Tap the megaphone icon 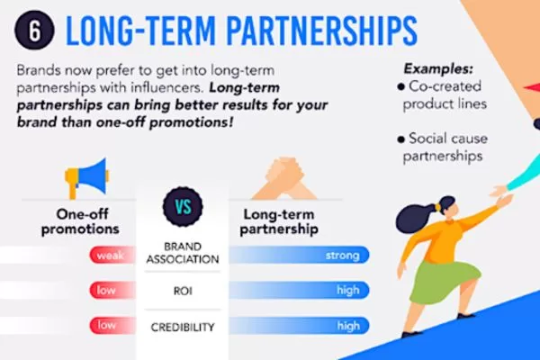(88, 177)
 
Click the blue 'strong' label (342, 256)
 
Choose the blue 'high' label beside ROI (347, 291)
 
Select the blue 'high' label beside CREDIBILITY (347, 326)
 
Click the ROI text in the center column (184, 291)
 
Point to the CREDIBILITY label (184, 326)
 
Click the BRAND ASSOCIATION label (184, 253)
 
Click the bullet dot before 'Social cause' (400, 139)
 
